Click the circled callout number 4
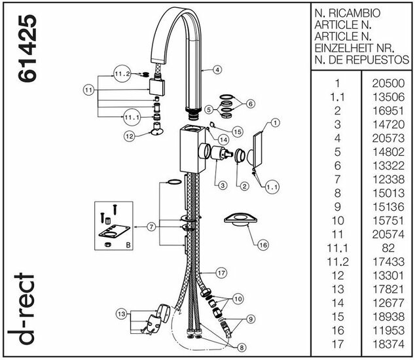(x=217, y=69)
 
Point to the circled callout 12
(x=130, y=137)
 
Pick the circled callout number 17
(x=221, y=272)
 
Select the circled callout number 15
(x=237, y=132)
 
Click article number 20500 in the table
(x=388, y=84)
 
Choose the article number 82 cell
(x=388, y=249)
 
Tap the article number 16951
(x=388, y=111)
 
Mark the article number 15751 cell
(x=388, y=221)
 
